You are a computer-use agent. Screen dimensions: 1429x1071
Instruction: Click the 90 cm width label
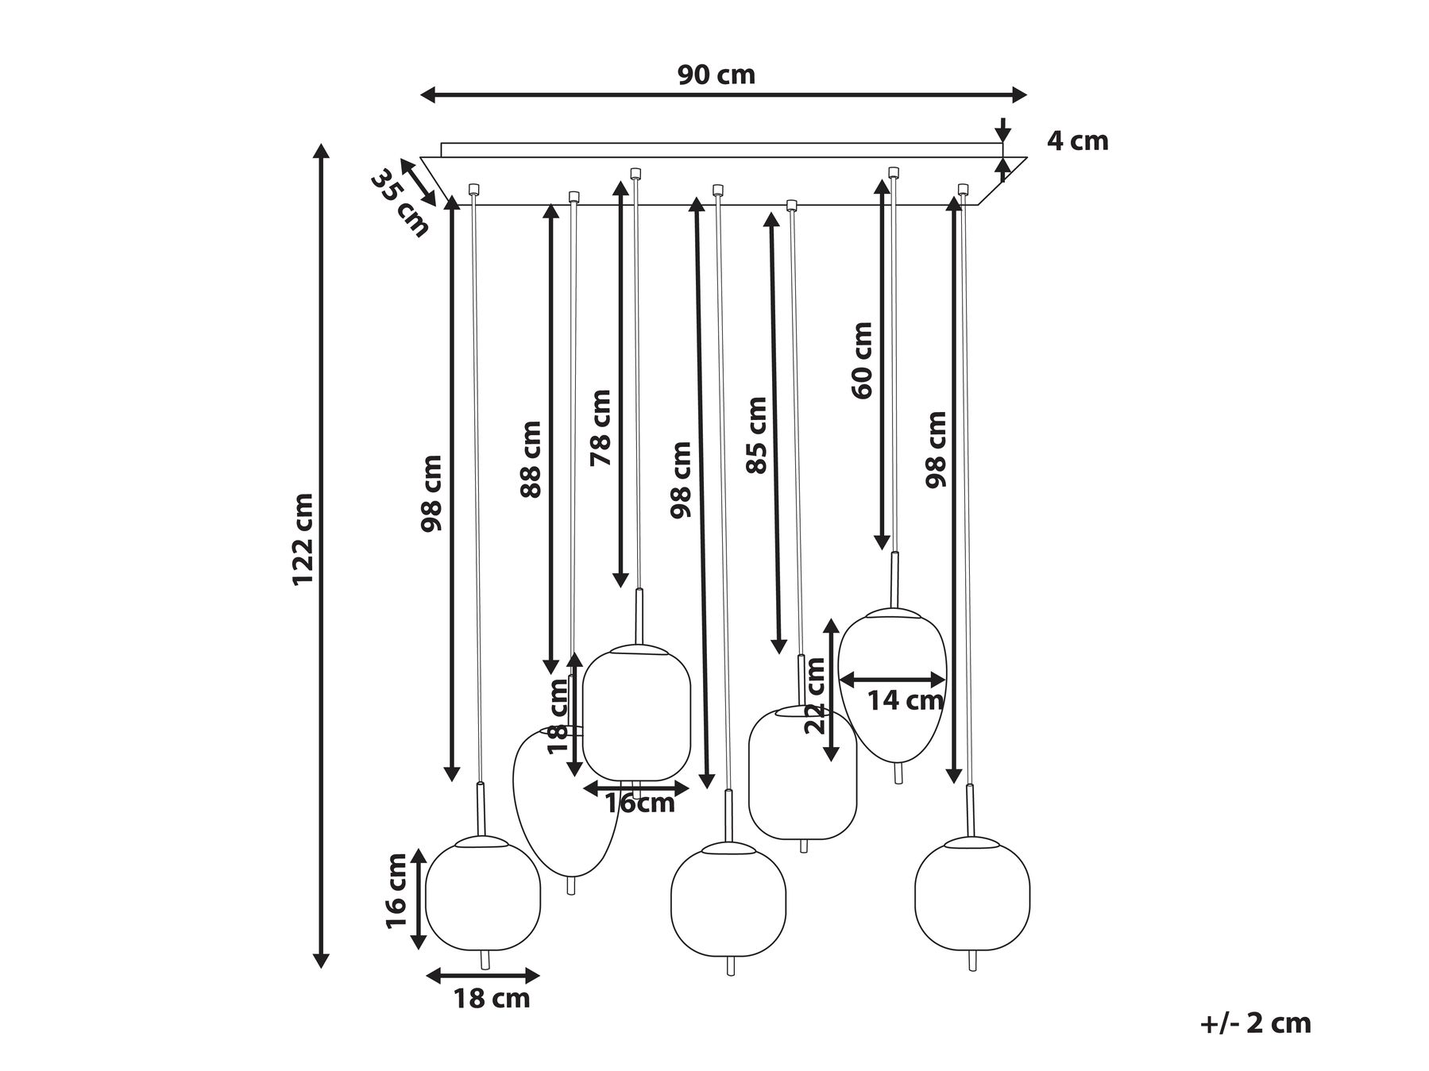click(716, 75)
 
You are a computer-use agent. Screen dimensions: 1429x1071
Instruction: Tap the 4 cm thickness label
click(1077, 141)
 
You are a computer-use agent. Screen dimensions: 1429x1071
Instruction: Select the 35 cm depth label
click(400, 203)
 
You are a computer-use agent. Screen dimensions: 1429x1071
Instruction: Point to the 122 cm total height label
click(303, 539)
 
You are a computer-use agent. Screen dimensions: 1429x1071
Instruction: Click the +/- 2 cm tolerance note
click(1256, 1023)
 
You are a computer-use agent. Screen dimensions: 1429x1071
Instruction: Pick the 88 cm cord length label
click(530, 460)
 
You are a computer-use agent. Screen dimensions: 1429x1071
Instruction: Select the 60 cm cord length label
click(861, 360)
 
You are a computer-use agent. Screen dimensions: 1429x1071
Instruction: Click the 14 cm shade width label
click(905, 700)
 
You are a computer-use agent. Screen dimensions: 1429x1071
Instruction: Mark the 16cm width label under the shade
click(640, 803)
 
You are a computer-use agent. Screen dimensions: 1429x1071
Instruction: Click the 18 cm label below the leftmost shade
click(492, 998)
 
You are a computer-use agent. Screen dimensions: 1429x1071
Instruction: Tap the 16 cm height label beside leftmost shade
click(396, 890)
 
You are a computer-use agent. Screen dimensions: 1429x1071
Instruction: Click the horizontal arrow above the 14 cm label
click(893, 680)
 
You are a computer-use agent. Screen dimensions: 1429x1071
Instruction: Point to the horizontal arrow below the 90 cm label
click(724, 95)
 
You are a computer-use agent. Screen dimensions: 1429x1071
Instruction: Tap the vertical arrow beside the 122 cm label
click(321, 556)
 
